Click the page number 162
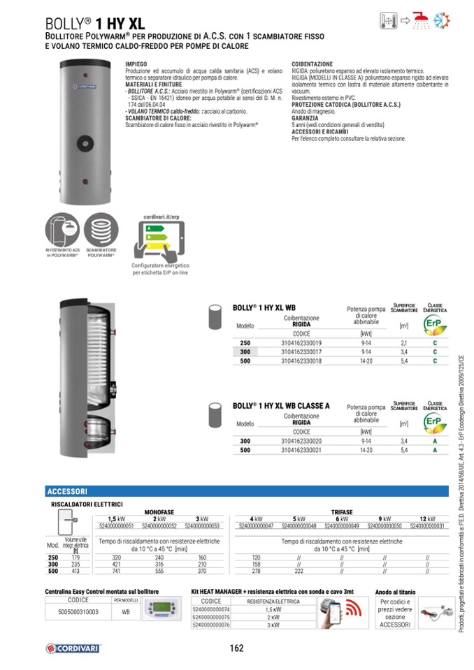236,648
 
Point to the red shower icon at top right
421,20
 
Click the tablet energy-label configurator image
160,236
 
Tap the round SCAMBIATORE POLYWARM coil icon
101,228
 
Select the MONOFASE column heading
159,511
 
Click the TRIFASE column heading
342,511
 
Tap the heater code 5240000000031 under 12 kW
426,525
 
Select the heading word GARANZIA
306,119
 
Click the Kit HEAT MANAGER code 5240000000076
211,625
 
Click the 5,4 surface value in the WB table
403,361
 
